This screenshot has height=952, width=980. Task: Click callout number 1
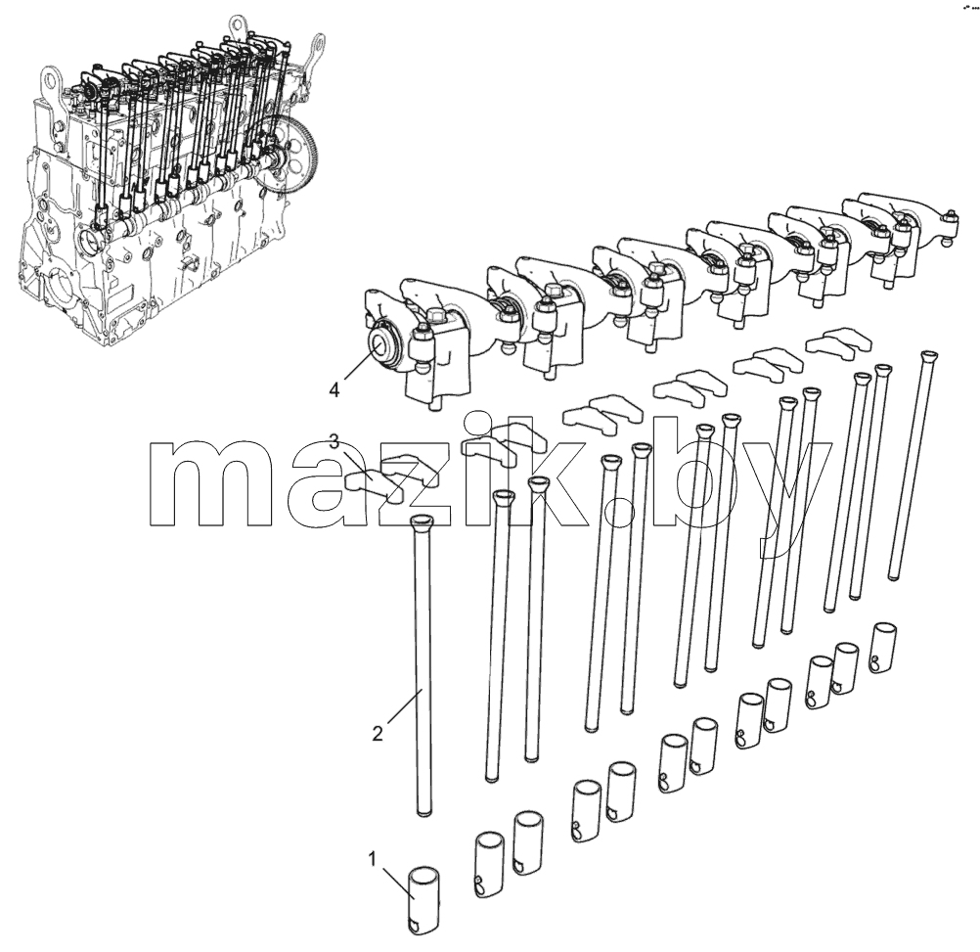373,859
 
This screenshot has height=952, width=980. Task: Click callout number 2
378,733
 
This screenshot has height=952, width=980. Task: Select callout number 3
334,442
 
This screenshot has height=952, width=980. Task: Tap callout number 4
334,390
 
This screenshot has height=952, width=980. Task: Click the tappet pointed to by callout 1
424,900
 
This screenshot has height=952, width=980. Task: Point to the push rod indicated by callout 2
422,663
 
